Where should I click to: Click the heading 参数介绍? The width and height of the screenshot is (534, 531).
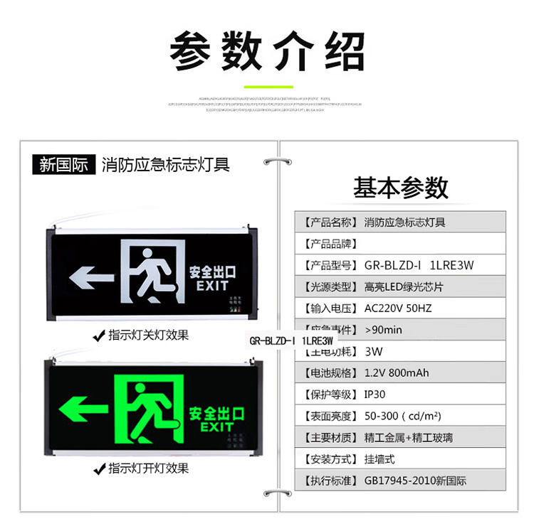[x=267, y=51]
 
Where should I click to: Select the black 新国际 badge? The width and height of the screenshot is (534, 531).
[x=63, y=166]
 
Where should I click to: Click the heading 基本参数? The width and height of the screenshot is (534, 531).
[x=401, y=188]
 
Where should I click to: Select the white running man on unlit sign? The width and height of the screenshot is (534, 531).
[x=153, y=273]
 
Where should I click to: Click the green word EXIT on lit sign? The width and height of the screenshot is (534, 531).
[x=216, y=427]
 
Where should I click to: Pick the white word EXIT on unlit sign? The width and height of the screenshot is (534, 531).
[x=212, y=286]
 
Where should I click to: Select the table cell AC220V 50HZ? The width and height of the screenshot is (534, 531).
[x=398, y=309]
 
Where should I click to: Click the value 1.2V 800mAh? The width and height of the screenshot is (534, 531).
[x=397, y=372]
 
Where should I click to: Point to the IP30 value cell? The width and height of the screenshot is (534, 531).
[x=375, y=395]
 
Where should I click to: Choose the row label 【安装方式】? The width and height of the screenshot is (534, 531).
[x=328, y=459]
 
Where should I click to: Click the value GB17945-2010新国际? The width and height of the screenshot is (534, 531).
[x=415, y=481]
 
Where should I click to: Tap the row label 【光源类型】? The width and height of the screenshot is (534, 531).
[x=328, y=287]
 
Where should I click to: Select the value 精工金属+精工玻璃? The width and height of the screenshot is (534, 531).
[x=408, y=438]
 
